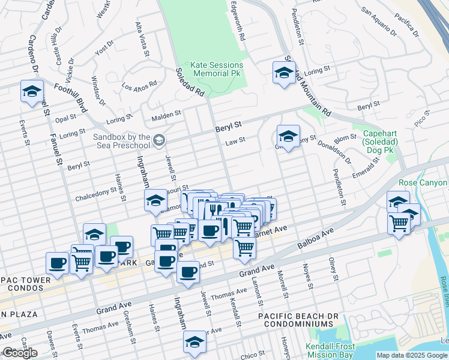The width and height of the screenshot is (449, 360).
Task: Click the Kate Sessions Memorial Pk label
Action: pyautogui.click(x=217, y=69)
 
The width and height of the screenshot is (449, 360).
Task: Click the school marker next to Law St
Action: pyautogui.click(x=288, y=136)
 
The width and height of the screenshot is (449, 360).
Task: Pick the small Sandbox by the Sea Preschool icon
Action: pyautogui.click(x=159, y=140)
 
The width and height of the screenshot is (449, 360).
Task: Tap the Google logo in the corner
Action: pyautogui.click(x=20, y=353)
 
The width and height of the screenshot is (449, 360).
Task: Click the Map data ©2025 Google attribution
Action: pyautogui.click(x=411, y=355)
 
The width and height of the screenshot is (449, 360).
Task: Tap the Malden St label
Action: pyautogui.click(x=166, y=114)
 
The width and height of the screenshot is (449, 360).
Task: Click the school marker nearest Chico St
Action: pyautogui.click(x=194, y=342)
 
